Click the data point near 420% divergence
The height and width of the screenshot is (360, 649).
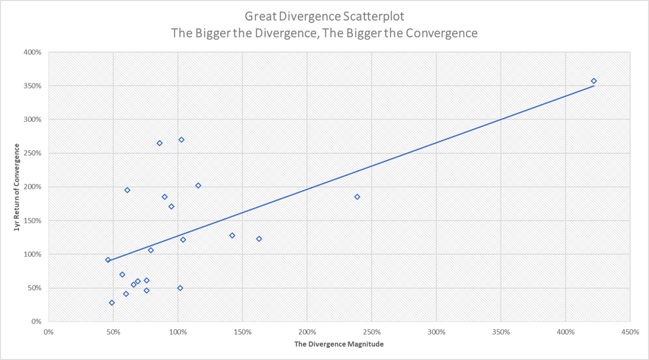594,81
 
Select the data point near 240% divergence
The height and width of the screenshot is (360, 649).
357,197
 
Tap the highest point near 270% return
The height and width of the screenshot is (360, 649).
181,140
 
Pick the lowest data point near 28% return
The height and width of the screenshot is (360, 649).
112,303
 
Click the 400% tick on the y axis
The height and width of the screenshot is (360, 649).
33,52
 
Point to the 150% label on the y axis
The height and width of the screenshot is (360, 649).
33,221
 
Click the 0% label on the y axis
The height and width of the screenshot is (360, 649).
37,321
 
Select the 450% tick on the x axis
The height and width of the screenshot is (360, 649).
630,332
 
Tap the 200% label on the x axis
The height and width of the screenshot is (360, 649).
307,332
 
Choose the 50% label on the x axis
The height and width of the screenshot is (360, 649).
113,332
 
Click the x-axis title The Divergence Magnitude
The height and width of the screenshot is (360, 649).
339,345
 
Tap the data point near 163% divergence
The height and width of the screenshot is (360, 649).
259,239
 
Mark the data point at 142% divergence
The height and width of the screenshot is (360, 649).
232,235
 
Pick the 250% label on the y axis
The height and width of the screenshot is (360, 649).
33,153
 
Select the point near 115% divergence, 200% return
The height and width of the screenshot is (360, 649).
198,185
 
